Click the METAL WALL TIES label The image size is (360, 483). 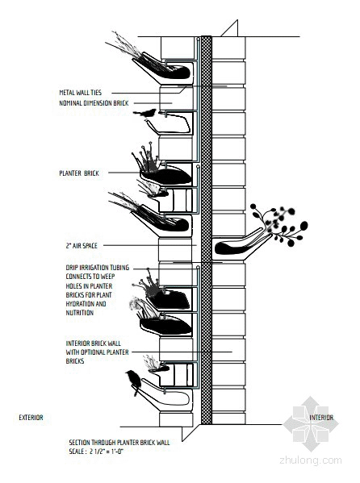tap(80, 93)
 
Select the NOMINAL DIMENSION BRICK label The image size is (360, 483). tap(94, 103)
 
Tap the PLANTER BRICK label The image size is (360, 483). tap(79, 173)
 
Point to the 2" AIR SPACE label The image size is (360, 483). tap(82, 246)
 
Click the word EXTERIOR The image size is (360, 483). tap(31, 418)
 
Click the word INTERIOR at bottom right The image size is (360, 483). tap(321, 418)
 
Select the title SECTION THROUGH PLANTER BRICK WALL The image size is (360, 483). tap(119, 443)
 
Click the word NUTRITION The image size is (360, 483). tap(80, 313)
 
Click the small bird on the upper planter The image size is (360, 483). tap(145, 113)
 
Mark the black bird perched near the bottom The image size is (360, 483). tap(134, 382)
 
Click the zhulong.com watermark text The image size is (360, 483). tap(310, 460)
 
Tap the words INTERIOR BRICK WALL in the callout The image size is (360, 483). tap(93, 344)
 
